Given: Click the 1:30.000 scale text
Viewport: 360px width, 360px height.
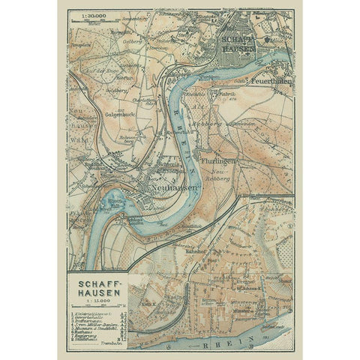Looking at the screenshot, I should tap(84, 13).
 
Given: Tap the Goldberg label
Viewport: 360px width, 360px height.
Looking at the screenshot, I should tap(95, 88).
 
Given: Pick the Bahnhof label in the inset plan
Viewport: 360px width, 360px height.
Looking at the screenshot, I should tap(196, 251).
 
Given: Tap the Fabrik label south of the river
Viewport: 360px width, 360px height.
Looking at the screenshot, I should tap(221, 94).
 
